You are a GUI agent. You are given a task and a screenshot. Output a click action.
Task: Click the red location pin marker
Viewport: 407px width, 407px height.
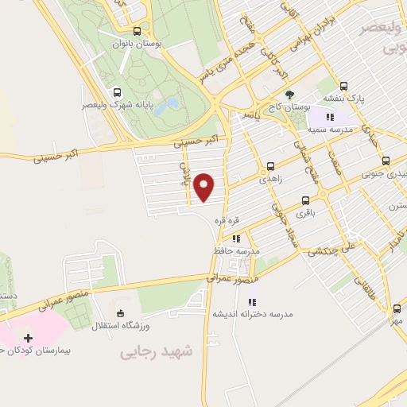[205, 187]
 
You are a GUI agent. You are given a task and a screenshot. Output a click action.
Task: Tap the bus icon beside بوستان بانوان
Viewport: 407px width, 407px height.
[138, 32]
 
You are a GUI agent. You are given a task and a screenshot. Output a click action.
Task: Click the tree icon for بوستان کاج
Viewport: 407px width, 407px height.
[288, 94]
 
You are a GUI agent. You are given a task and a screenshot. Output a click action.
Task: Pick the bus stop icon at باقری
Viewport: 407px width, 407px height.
[304, 201]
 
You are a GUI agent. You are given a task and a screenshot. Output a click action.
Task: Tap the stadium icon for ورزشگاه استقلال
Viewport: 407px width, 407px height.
[120, 312]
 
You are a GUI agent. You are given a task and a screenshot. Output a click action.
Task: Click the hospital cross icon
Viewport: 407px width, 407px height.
[29, 338]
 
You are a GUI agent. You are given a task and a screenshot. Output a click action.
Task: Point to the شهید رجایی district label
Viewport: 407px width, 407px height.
[157, 351]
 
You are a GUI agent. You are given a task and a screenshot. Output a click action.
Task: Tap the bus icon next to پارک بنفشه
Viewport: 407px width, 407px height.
[343, 85]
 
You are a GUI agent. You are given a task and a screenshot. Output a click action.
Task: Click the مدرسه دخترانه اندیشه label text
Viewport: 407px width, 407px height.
[252, 314]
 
